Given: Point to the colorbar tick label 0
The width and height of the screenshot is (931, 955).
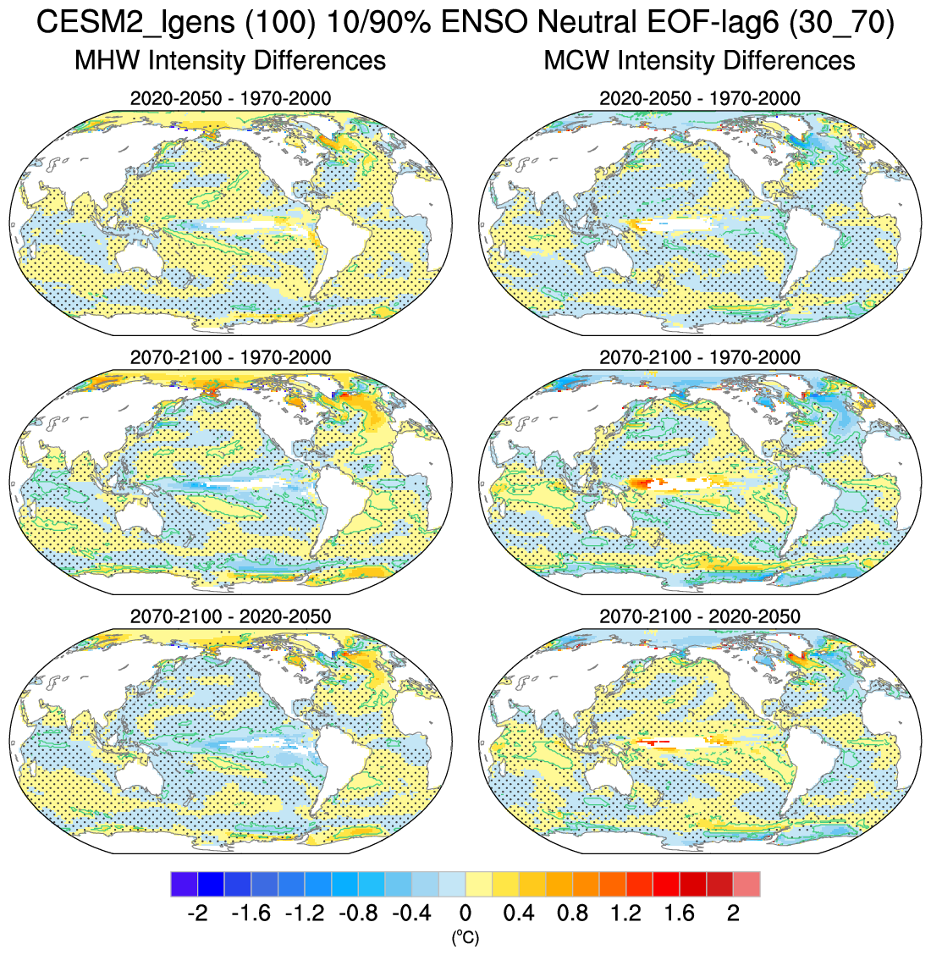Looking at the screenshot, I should tap(465, 914).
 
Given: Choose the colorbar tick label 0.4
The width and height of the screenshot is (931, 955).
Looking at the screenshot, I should tap(518, 914).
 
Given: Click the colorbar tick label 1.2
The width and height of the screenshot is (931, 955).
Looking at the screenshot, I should tap(625, 914).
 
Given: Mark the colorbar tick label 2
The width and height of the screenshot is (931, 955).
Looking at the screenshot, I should tap(733, 914).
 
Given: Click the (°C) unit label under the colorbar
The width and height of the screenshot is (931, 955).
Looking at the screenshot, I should tap(465, 937).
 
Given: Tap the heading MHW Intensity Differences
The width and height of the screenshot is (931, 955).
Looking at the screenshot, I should tap(230, 61).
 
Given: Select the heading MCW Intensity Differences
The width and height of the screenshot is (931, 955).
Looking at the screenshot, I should tap(699, 61).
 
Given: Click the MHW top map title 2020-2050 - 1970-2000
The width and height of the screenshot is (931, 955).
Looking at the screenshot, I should tap(230, 98).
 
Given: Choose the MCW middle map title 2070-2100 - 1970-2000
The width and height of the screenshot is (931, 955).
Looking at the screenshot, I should tap(699, 357).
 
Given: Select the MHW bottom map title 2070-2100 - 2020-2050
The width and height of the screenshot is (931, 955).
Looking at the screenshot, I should tap(230, 616).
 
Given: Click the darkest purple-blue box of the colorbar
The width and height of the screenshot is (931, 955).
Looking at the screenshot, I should tap(184, 884).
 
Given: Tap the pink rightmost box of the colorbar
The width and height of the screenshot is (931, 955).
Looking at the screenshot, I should tap(746, 884).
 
